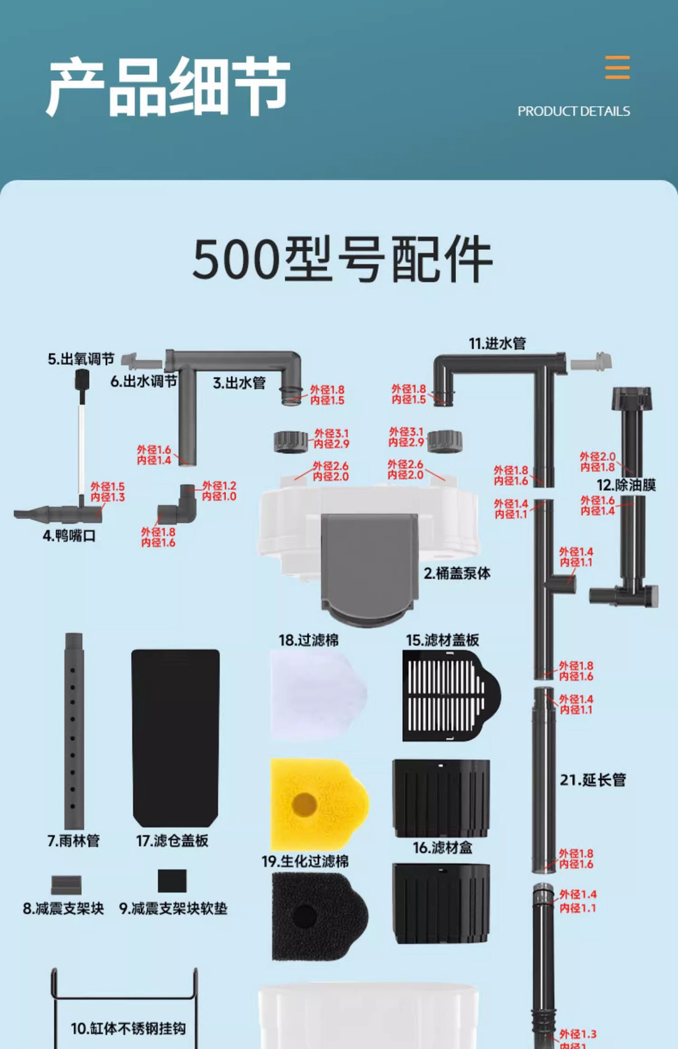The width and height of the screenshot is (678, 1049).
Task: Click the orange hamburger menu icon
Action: click(617, 67)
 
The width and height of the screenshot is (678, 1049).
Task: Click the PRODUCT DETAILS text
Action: click(574, 111)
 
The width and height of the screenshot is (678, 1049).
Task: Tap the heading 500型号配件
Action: click(343, 260)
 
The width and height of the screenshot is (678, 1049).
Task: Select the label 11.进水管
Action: click(497, 343)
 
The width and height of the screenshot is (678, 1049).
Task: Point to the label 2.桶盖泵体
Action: click(457, 574)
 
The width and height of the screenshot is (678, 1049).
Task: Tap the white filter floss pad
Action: click(317, 694)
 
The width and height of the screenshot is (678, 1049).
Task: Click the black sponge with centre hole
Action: click(319, 916)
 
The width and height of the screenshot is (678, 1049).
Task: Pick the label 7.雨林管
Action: click(74, 841)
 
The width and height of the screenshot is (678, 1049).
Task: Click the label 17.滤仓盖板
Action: click(172, 841)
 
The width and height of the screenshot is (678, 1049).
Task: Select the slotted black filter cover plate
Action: click(450, 695)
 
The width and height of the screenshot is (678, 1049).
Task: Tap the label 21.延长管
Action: click(593, 780)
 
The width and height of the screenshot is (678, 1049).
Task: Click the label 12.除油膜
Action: click(626, 485)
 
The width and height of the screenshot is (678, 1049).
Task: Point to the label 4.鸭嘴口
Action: click(69, 536)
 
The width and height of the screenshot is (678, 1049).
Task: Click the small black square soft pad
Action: click(172, 880)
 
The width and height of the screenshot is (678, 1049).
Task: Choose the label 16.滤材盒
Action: click(443, 848)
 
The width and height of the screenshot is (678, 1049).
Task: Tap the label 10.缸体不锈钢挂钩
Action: click(128, 1029)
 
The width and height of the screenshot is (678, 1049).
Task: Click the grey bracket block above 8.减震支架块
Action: click(67, 884)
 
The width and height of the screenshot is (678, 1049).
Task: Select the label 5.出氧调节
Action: click(81, 359)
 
